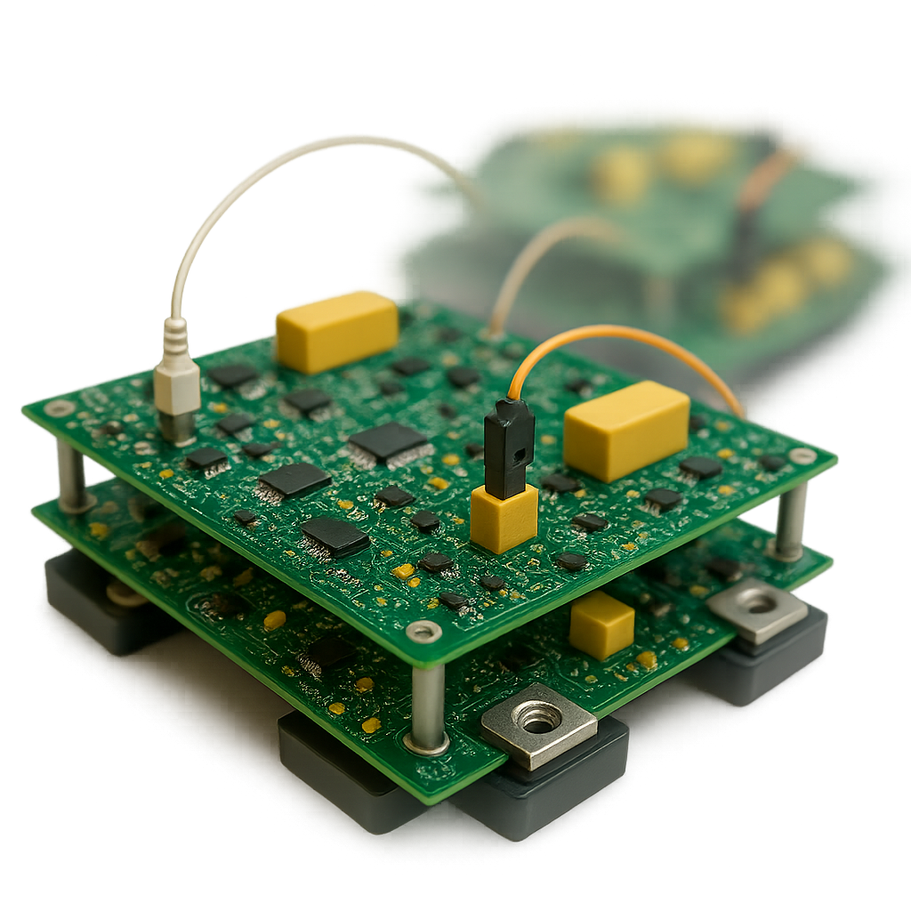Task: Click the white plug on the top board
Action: click(x=177, y=383)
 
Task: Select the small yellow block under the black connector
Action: click(x=504, y=519)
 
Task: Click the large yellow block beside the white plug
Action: click(x=336, y=331)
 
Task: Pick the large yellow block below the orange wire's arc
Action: click(x=626, y=430)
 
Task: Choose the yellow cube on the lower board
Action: click(x=601, y=625)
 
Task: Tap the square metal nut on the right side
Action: click(x=757, y=609)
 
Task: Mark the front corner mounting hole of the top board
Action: click(x=423, y=632)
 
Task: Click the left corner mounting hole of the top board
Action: click(x=60, y=408)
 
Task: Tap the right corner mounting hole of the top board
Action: click(x=802, y=456)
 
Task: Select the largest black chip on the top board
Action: click(x=388, y=441)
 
